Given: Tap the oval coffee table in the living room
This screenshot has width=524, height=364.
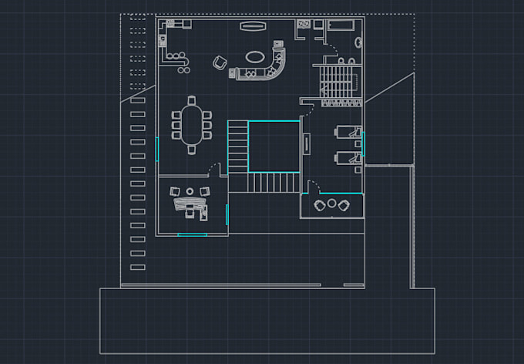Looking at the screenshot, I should coord(254,56).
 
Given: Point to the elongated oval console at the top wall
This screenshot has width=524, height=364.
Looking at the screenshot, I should coord(252,26).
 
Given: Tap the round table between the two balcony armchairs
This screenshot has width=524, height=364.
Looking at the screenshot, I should coord(332,204).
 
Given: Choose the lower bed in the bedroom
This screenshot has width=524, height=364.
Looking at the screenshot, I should coord(346,158).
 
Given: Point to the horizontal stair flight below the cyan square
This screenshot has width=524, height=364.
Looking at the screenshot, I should coord(271,183).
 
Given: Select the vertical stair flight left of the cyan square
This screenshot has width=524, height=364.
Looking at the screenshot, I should coord(237,147).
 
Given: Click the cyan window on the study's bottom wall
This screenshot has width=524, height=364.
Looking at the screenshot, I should coord(192,234).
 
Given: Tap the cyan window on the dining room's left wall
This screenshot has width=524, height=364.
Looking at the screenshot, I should coord(156,149).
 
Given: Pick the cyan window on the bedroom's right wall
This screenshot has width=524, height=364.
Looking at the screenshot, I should coord(363,144).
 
